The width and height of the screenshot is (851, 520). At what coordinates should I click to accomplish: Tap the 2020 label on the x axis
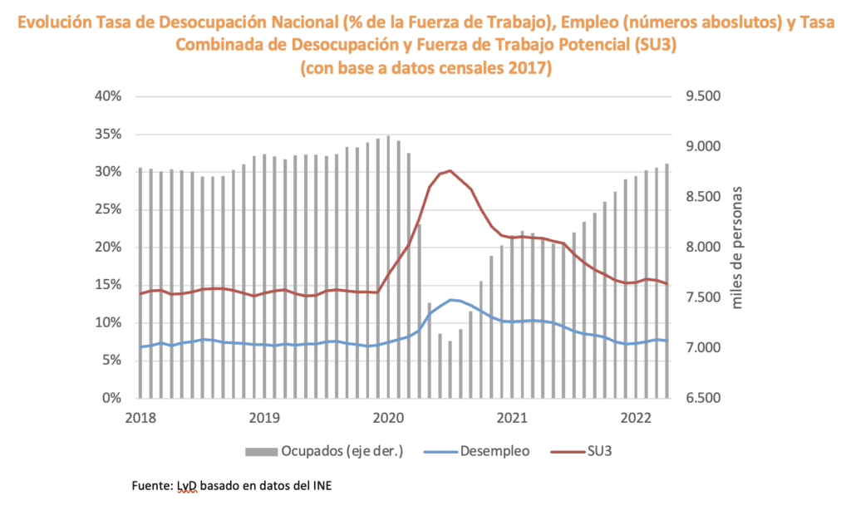click(x=388, y=417)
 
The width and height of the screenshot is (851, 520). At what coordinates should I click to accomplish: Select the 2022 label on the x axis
click(x=637, y=417)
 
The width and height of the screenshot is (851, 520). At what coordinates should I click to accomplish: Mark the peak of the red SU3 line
click(x=450, y=170)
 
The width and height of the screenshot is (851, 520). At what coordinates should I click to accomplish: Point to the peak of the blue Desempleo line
click(x=450, y=300)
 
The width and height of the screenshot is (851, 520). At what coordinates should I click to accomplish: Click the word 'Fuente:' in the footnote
click(x=152, y=485)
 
